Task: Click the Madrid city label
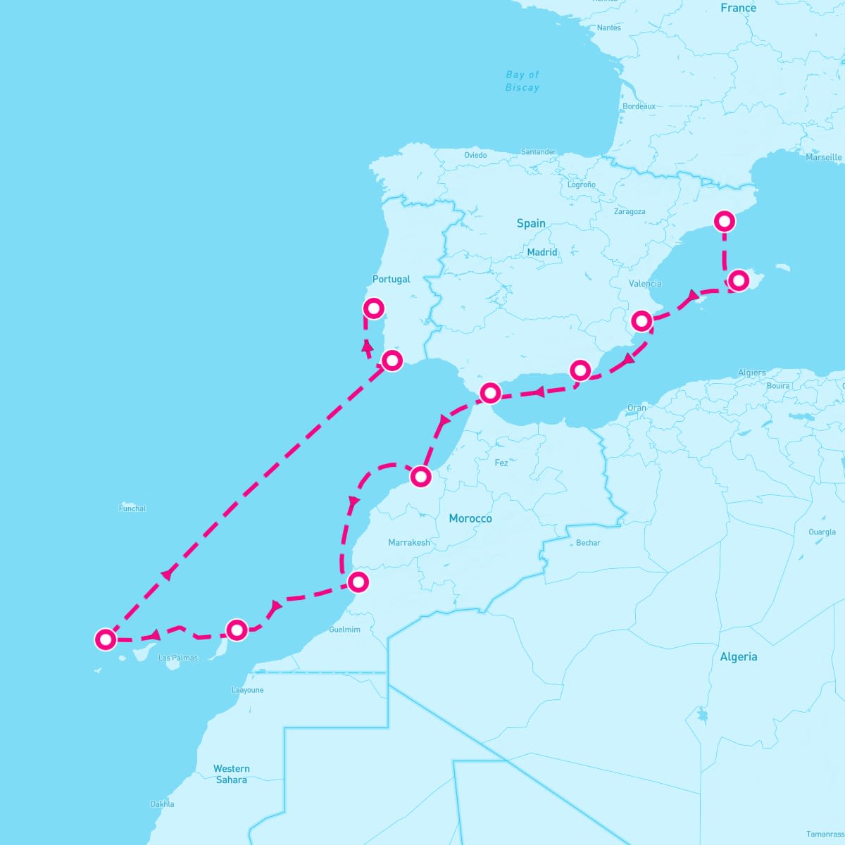click(542, 252)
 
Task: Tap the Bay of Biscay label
click(522, 81)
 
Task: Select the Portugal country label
click(391, 280)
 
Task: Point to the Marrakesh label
click(409, 543)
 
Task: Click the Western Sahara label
click(232, 774)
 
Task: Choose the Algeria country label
click(739, 657)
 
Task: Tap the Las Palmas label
click(178, 658)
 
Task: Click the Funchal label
click(132, 508)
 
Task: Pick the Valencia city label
click(645, 284)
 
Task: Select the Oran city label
click(637, 408)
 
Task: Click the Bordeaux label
click(639, 106)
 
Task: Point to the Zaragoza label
click(630, 211)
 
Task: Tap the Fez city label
click(501, 463)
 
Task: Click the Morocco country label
click(470, 518)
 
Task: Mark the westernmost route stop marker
click(105, 639)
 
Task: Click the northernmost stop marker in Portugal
click(373, 308)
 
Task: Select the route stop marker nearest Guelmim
click(358, 582)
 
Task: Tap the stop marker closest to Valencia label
click(641, 321)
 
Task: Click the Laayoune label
click(248, 690)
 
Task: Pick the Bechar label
click(588, 543)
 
